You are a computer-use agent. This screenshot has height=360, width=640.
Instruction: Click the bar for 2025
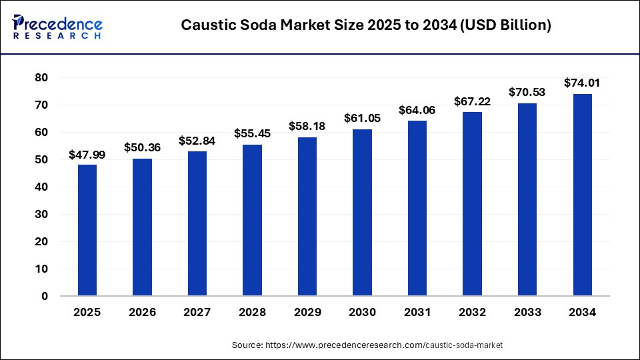coord(87,230)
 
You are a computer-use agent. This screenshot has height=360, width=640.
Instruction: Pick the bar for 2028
coord(252,220)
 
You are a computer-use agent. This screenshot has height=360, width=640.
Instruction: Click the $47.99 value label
coord(87,155)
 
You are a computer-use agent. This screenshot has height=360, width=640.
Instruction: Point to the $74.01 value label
coord(582,83)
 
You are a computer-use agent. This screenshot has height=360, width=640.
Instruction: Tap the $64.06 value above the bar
coord(417,111)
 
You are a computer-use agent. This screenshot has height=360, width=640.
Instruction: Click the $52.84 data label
coord(197,141)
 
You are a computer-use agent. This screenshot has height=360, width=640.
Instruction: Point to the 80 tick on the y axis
coord(41,77)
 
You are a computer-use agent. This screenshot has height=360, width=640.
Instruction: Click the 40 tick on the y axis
coord(41,187)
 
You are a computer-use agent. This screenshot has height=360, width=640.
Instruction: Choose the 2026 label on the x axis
coord(142,312)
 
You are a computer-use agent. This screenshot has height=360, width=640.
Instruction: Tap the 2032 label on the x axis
coord(472,312)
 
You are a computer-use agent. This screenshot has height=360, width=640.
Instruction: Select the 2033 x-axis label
coord(527,312)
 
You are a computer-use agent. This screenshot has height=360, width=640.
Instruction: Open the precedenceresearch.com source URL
coord(383,345)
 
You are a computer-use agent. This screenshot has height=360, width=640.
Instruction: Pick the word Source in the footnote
coord(247,345)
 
